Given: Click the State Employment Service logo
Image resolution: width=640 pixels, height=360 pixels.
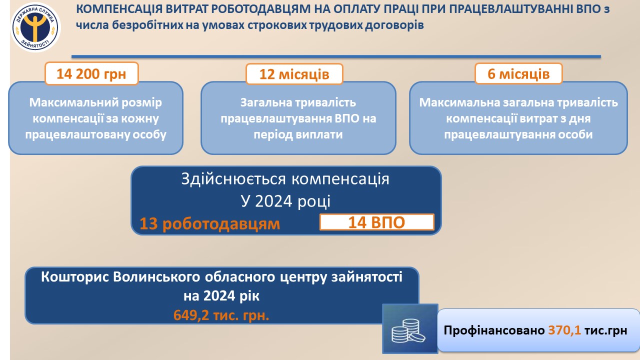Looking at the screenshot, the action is [x=35, y=27].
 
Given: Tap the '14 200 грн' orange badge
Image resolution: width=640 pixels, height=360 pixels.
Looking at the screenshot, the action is [x=91, y=73].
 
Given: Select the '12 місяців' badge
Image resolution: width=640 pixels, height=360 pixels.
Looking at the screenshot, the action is [x=294, y=74].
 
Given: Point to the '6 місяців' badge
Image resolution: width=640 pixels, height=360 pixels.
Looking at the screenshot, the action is [x=518, y=73].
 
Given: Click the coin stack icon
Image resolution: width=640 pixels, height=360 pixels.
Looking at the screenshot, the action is [x=410, y=328].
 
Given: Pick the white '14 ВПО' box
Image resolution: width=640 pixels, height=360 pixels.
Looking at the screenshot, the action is [x=377, y=222].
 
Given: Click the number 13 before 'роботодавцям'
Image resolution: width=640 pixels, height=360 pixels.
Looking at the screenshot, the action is [x=148, y=223].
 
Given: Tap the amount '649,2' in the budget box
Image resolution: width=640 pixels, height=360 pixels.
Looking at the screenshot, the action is [x=191, y=315].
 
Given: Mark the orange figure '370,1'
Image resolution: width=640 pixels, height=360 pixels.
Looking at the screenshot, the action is [x=564, y=330].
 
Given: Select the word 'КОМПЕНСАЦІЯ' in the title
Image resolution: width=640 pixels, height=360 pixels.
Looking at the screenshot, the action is [x=119, y=9].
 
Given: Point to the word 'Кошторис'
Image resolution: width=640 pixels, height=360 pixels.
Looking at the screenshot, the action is [x=75, y=277].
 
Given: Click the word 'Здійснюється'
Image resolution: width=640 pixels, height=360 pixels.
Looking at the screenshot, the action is [x=233, y=179].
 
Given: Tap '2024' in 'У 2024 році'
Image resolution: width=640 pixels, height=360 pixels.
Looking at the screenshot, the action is [x=273, y=201].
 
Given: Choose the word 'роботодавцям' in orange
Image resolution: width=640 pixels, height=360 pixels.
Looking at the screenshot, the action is [x=221, y=224].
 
